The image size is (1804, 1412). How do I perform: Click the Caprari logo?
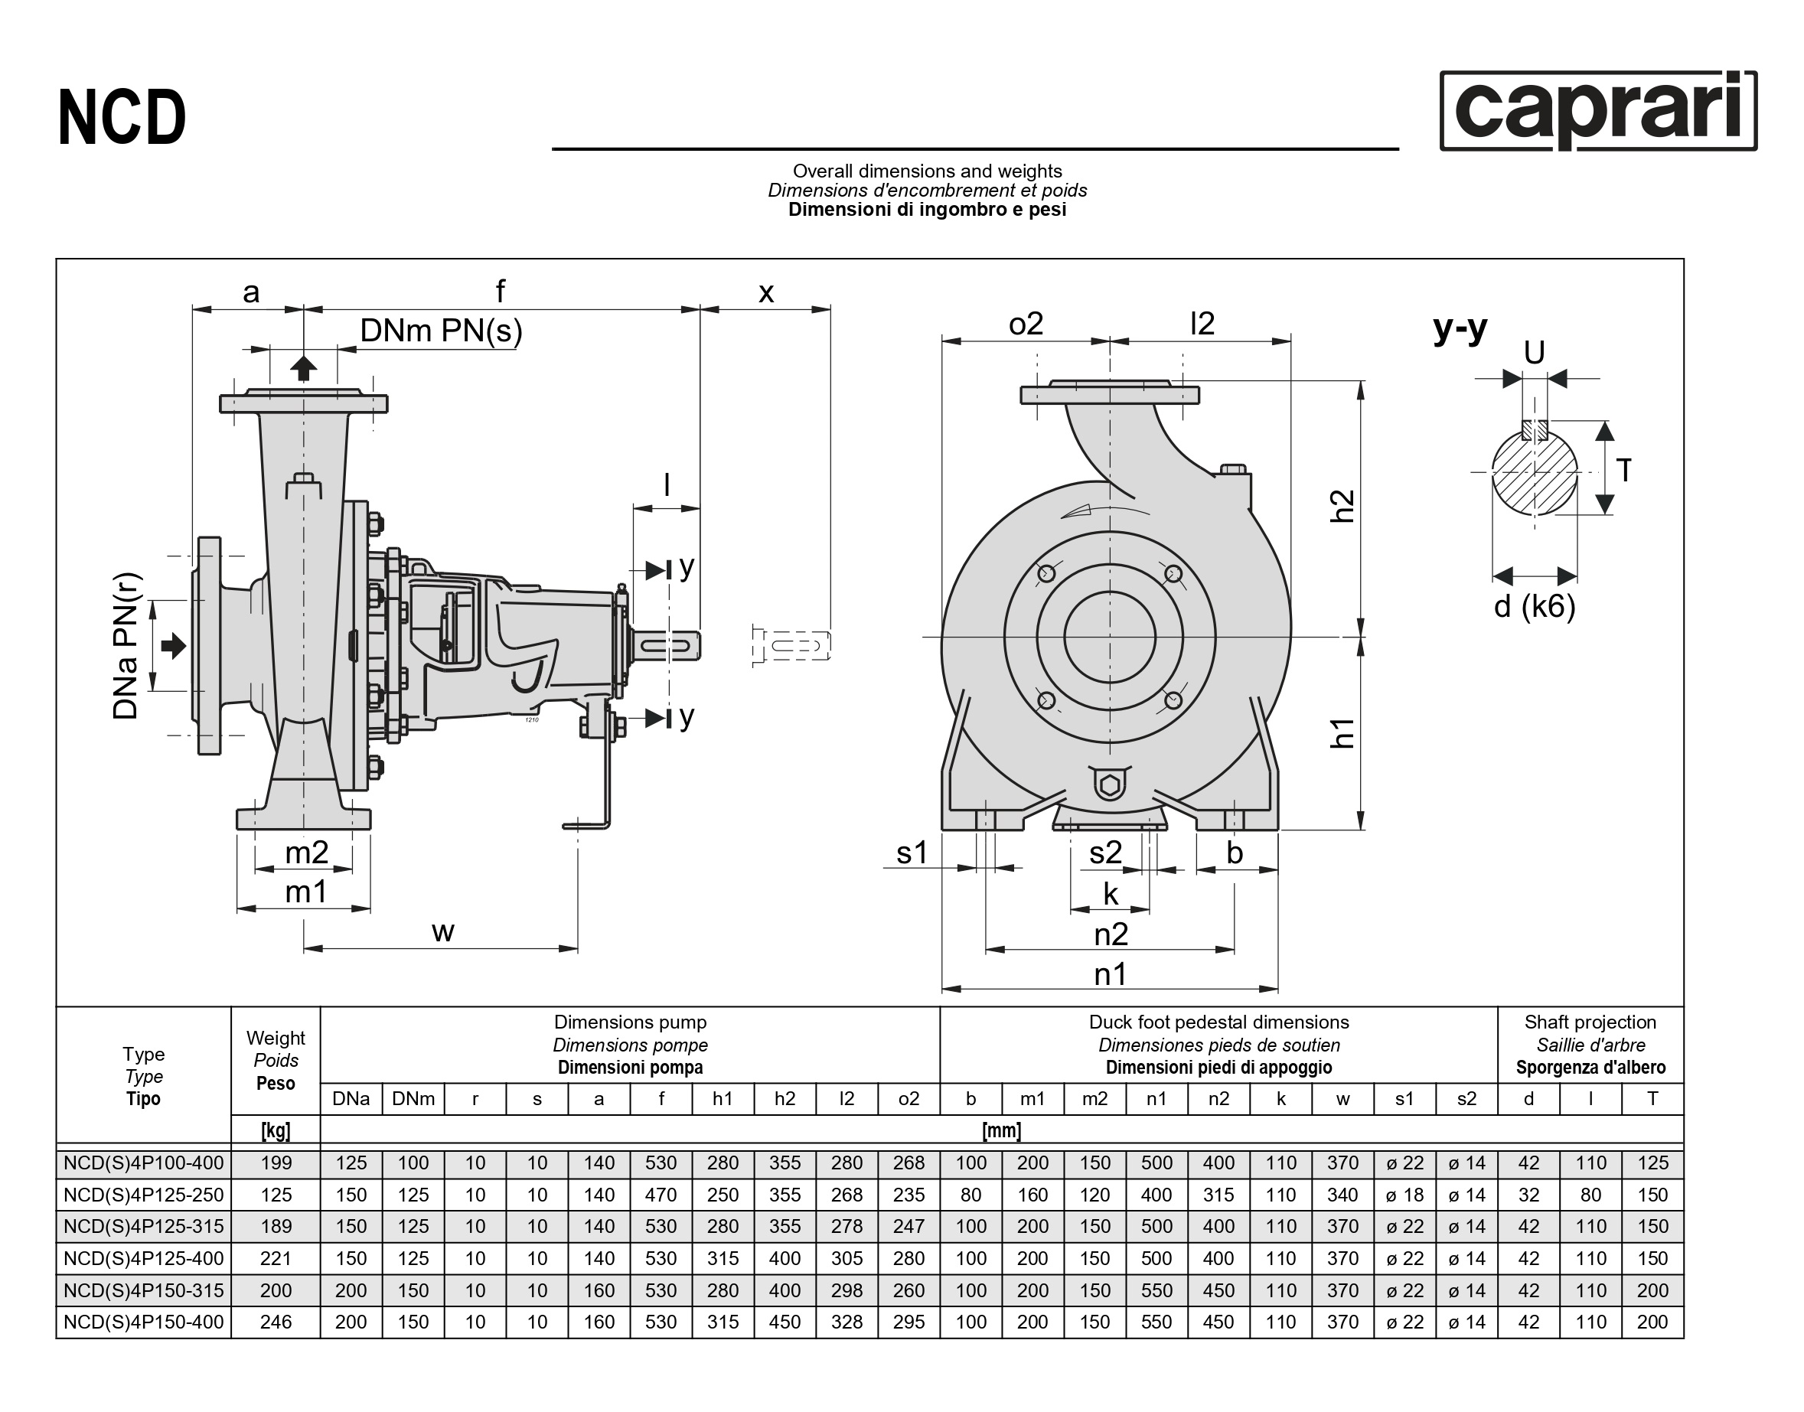(x=1597, y=111)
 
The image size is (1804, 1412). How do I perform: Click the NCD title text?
(x=122, y=118)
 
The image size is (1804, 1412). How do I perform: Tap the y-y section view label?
(x=1460, y=329)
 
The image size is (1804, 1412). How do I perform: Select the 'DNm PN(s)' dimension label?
(x=441, y=331)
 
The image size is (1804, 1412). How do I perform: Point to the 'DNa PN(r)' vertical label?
(x=126, y=647)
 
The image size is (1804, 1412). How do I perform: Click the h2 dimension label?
(x=1342, y=505)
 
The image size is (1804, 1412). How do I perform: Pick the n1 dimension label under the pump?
(x=1110, y=975)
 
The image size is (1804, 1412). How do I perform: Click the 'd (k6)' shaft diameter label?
(x=1535, y=606)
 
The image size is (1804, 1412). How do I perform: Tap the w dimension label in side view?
(x=443, y=931)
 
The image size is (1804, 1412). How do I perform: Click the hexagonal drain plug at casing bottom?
(x=1110, y=784)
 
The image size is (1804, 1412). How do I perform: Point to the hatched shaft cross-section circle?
(x=1535, y=472)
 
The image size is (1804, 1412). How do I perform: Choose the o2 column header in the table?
(x=909, y=1099)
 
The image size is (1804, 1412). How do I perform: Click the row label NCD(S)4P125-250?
(x=144, y=1195)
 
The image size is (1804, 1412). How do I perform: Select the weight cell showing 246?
(x=276, y=1322)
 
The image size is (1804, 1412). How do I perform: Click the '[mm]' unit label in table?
(x=1001, y=1130)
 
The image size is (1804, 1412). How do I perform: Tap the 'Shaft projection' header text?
(x=1590, y=1022)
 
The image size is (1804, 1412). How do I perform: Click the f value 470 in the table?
(x=661, y=1195)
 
